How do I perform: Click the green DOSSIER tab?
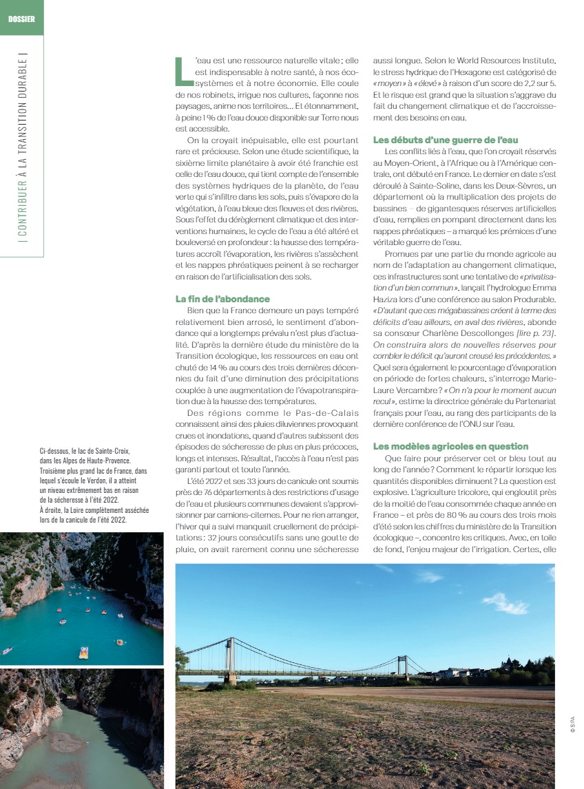point(21,18)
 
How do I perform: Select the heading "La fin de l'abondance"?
point(222,299)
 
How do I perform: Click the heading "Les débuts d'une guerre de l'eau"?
point(446,140)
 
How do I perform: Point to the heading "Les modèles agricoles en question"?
point(450,446)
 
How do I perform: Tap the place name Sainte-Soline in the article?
point(443,186)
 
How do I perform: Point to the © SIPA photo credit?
point(572,724)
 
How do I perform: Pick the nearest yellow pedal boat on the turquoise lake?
point(83,652)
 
